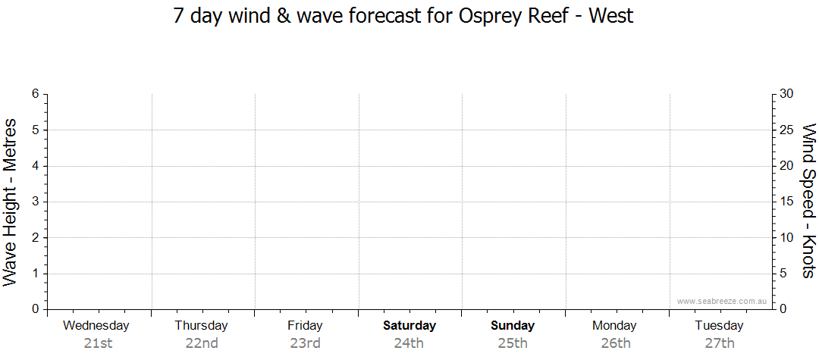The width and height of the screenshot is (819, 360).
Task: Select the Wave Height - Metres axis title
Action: (x=11, y=202)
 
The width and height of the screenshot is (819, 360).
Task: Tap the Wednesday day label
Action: (x=96, y=326)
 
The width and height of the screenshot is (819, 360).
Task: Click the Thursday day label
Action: (x=201, y=326)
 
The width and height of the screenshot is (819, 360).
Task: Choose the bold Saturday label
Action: (x=409, y=326)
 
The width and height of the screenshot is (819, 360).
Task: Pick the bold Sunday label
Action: (x=513, y=326)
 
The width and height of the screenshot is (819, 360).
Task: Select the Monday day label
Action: (x=615, y=326)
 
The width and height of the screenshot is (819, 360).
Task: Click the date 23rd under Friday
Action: (x=305, y=343)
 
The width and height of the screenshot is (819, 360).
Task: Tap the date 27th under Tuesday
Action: (x=720, y=343)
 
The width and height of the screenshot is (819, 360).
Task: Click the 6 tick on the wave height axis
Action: (x=35, y=94)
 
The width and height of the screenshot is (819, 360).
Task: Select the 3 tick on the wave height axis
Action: (x=35, y=202)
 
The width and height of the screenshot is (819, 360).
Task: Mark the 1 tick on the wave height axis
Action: (x=35, y=274)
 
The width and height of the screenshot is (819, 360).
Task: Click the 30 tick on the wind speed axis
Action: (x=786, y=94)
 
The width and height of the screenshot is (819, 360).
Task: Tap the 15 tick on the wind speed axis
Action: (x=786, y=202)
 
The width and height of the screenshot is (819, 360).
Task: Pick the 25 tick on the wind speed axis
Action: (x=786, y=130)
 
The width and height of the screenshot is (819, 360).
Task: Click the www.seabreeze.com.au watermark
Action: (x=722, y=301)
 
